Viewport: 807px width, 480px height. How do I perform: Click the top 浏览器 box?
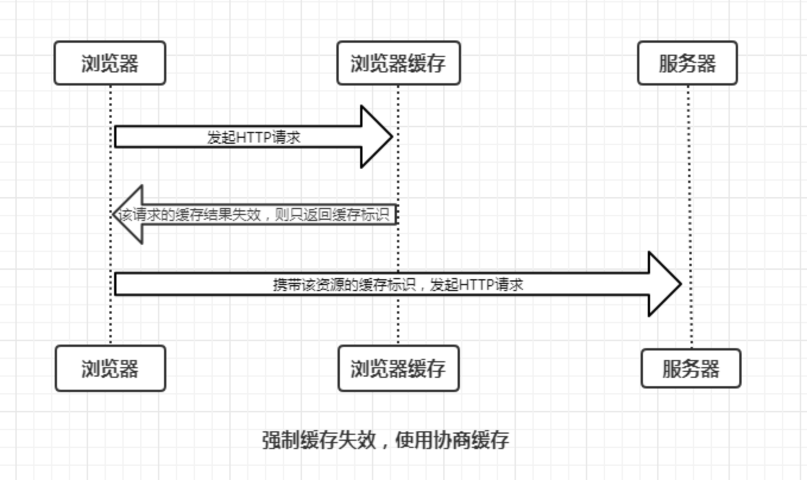pos(110,63)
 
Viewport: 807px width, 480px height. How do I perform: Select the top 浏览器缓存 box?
pos(398,63)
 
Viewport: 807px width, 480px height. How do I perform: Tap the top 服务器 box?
pos(687,63)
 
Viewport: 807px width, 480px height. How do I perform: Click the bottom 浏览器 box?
pos(110,368)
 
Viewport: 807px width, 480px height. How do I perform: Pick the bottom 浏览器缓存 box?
pos(398,368)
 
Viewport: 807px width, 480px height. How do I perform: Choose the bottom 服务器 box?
pos(691,368)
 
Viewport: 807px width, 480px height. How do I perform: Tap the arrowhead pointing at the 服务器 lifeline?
pos(663,284)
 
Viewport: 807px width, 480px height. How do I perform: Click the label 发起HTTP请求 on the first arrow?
pos(254,138)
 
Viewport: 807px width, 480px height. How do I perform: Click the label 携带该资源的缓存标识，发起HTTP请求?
pos(398,285)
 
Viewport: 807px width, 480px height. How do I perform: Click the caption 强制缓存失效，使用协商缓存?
pos(386,440)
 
